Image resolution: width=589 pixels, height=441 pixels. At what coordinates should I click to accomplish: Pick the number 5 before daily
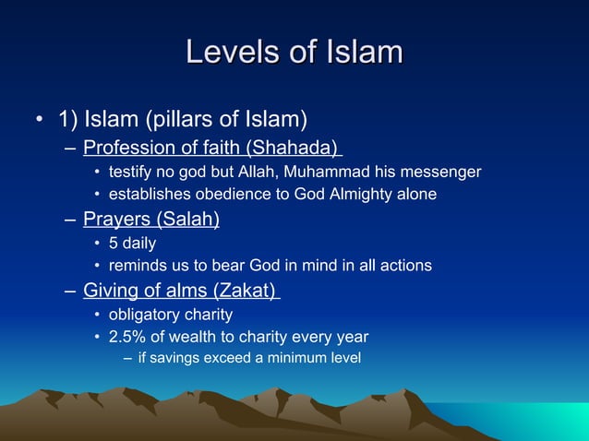coord(114,244)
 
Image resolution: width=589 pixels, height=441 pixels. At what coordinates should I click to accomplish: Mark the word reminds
coord(137,266)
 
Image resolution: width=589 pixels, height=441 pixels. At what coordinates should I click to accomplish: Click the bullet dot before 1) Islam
coord(39,122)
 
